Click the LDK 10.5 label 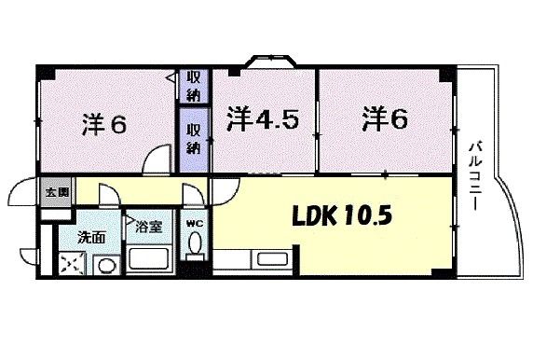click(342, 215)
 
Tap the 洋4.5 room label click(263, 119)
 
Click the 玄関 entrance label click(58, 192)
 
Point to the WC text click(195, 224)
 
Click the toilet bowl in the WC click(195, 242)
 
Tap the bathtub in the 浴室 click(149, 259)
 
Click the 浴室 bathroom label click(148, 227)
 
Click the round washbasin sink click(107, 266)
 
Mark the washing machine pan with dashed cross click(72, 264)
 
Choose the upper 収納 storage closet click(194, 86)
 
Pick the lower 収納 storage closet click(194, 139)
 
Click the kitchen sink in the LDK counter click(272, 259)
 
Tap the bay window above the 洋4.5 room click(270, 61)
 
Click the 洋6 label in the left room click(104, 125)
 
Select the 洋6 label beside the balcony click(385, 118)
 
